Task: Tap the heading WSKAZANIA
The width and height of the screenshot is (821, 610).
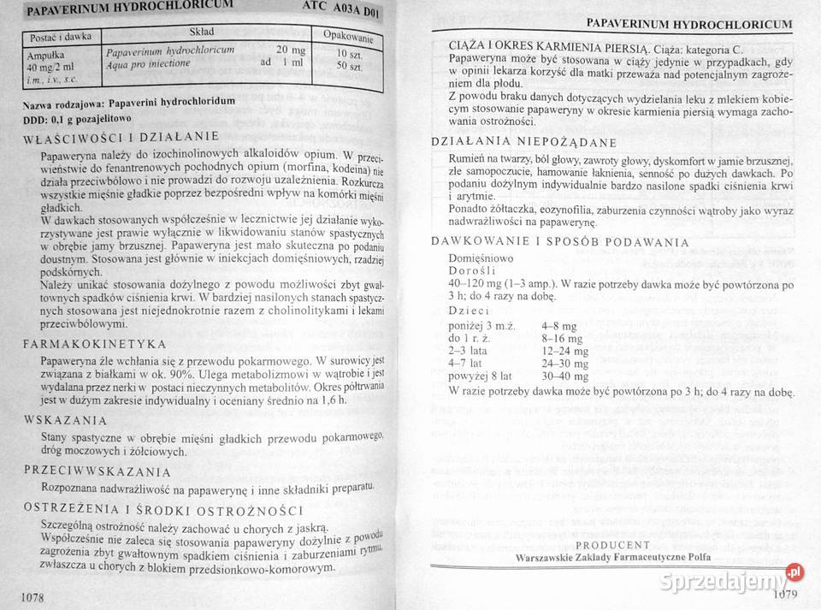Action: pos(65,420)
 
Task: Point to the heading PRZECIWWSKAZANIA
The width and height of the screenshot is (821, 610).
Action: pos(97,471)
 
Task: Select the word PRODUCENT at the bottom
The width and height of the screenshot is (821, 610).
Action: pos(612,544)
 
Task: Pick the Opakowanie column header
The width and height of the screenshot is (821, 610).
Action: pos(347,36)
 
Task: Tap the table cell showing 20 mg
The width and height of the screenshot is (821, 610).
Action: pos(291,50)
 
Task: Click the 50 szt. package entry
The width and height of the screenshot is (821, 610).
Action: pos(350,66)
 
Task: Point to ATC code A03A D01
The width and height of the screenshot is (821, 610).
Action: pos(340,9)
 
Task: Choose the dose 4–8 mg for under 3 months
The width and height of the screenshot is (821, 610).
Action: pos(559,326)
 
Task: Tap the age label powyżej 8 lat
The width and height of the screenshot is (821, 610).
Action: pos(480,375)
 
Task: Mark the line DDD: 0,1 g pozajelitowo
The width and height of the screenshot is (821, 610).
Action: pos(77,118)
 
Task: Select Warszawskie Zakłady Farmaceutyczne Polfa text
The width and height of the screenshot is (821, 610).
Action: pos(612,557)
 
